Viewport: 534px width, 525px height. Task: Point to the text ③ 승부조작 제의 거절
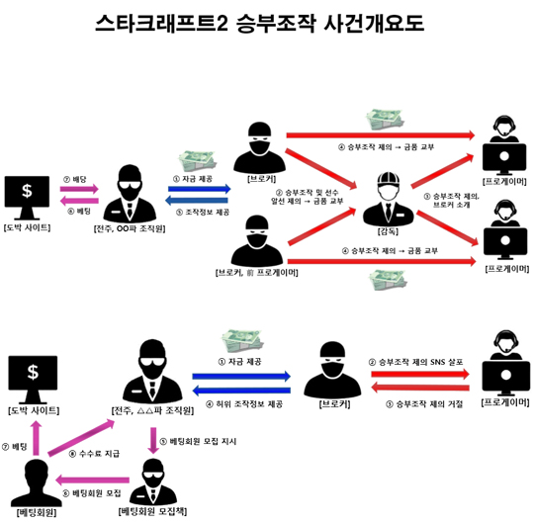[x=419, y=404]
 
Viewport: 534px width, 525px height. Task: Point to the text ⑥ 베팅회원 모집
[x=93, y=491]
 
